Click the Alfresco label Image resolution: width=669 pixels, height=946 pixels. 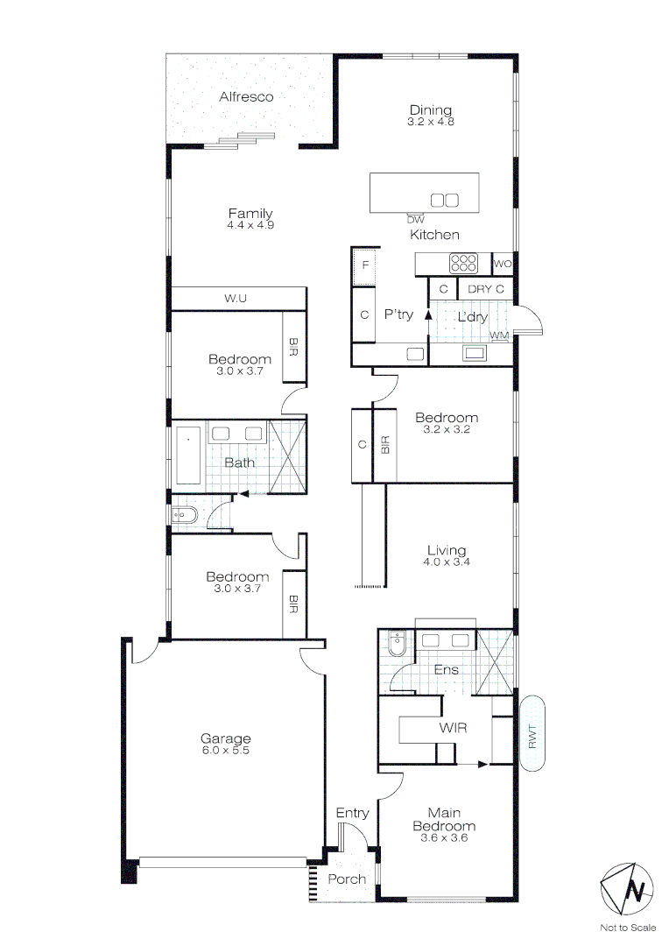click(x=246, y=96)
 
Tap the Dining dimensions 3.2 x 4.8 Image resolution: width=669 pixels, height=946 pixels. click(x=431, y=122)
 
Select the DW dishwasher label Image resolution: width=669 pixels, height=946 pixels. click(x=415, y=219)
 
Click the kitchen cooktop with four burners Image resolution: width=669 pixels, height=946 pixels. click(x=464, y=263)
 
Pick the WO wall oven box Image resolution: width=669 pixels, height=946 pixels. click(x=503, y=264)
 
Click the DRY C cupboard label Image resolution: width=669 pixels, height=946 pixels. click(x=486, y=288)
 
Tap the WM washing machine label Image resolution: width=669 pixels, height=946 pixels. click(x=499, y=335)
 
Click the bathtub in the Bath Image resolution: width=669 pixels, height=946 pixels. click(x=189, y=454)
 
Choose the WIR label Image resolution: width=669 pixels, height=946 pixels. click(x=452, y=728)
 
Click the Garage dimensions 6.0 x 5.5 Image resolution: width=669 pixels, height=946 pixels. click(x=225, y=751)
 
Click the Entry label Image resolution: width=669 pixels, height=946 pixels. click(x=352, y=814)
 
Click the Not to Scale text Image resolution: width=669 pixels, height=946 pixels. click(x=628, y=928)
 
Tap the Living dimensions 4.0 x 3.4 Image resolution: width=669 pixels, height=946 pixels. click(x=446, y=562)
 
